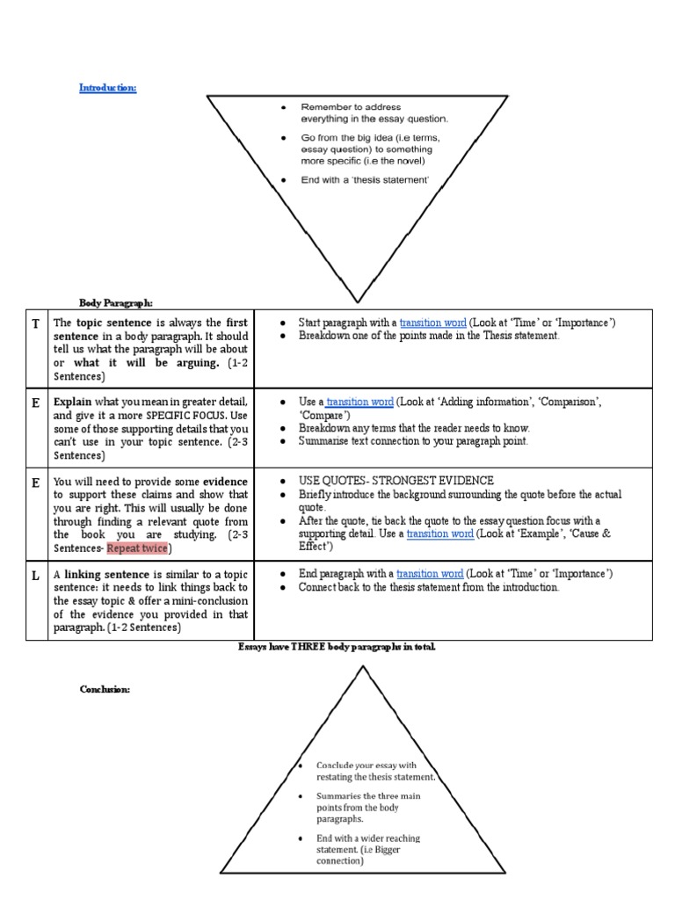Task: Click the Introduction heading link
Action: [x=107, y=88]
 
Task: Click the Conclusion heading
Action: [x=105, y=690]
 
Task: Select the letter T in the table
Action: [x=35, y=323]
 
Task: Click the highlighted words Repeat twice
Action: [x=137, y=549]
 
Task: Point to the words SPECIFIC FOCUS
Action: [x=185, y=416]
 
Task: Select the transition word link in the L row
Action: [x=428, y=574]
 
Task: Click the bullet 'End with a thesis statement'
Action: [x=365, y=180]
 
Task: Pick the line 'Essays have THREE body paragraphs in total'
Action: [x=337, y=647]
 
